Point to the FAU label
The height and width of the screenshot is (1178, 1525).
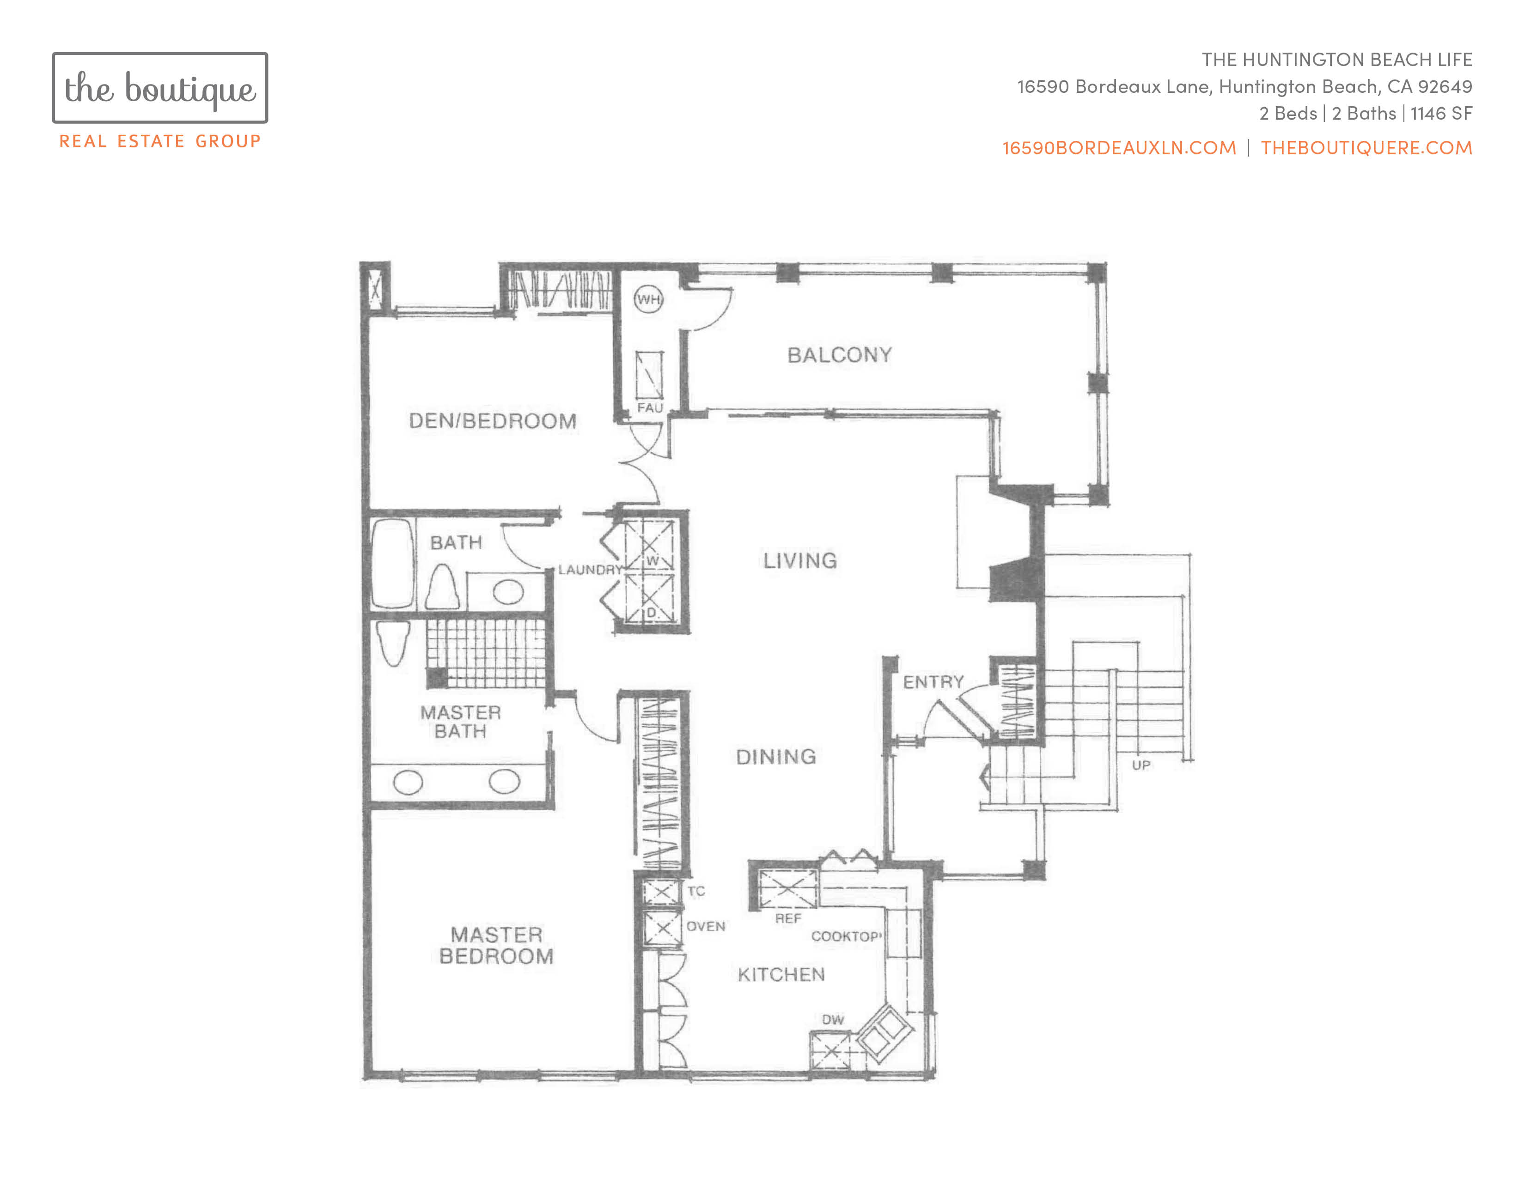coord(649,407)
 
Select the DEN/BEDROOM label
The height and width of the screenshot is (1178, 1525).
coord(492,421)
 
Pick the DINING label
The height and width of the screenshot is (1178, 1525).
coord(776,757)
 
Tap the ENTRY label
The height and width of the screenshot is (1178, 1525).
coord(933,682)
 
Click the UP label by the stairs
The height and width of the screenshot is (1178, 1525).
coord(1141,765)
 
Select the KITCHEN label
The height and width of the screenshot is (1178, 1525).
coord(781,974)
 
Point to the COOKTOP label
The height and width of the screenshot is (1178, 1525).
coord(846,936)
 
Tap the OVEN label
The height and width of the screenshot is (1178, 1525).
coord(706,927)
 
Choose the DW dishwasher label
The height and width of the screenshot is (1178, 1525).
coord(832,1020)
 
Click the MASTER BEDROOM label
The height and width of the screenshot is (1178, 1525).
coord(496,946)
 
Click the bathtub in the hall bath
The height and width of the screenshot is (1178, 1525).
coord(393,564)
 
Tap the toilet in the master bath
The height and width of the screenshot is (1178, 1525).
coord(392,642)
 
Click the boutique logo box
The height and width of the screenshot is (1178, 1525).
coord(160,88)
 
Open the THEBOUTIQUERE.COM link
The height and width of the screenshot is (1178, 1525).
coord(1366,148)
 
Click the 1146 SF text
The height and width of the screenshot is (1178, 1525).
coord(1441,113)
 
